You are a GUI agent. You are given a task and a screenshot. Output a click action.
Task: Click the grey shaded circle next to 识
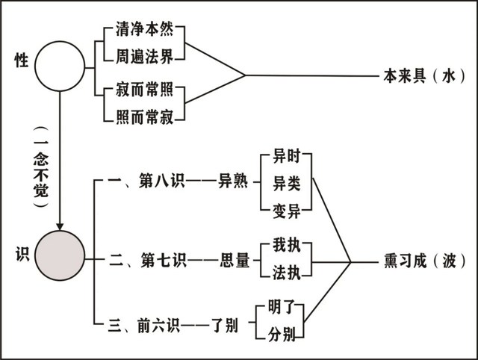[x=60, y=258]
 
